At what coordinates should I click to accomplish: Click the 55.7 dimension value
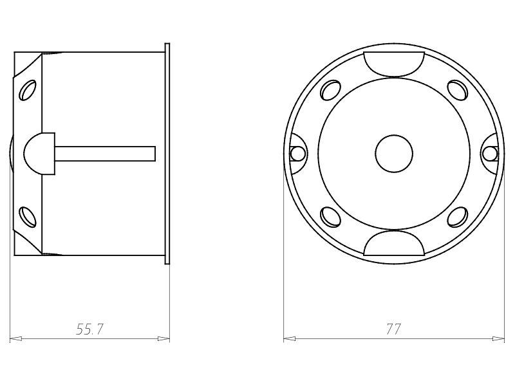click(90, 329)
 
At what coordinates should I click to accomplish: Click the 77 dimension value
click(393, 329)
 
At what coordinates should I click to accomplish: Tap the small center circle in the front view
click(394, 154)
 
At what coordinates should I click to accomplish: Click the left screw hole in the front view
click(297, 153)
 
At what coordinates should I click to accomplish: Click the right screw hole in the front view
click(490, 153)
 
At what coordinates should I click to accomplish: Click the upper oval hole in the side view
click(28, 91)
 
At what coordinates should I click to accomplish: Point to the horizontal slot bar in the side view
click(106, 153)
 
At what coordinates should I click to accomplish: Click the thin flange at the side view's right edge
click(167, 153)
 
